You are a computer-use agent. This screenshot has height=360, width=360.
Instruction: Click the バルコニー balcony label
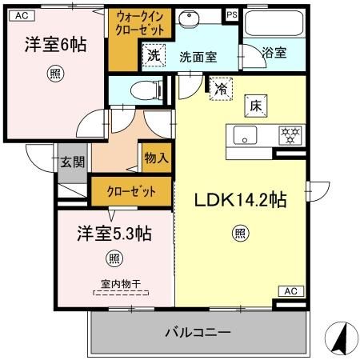[198, 332]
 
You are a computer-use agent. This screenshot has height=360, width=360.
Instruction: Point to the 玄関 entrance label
[73, 162]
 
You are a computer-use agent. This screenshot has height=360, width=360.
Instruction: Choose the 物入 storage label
[156, 158]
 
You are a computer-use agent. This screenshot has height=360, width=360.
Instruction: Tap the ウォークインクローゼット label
[141, 22]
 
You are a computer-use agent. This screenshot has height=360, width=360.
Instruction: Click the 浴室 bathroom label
[275, 53]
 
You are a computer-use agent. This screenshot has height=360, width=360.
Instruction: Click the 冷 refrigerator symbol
[219, 88]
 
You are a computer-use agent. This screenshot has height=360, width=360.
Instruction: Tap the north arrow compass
[339, 338]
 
